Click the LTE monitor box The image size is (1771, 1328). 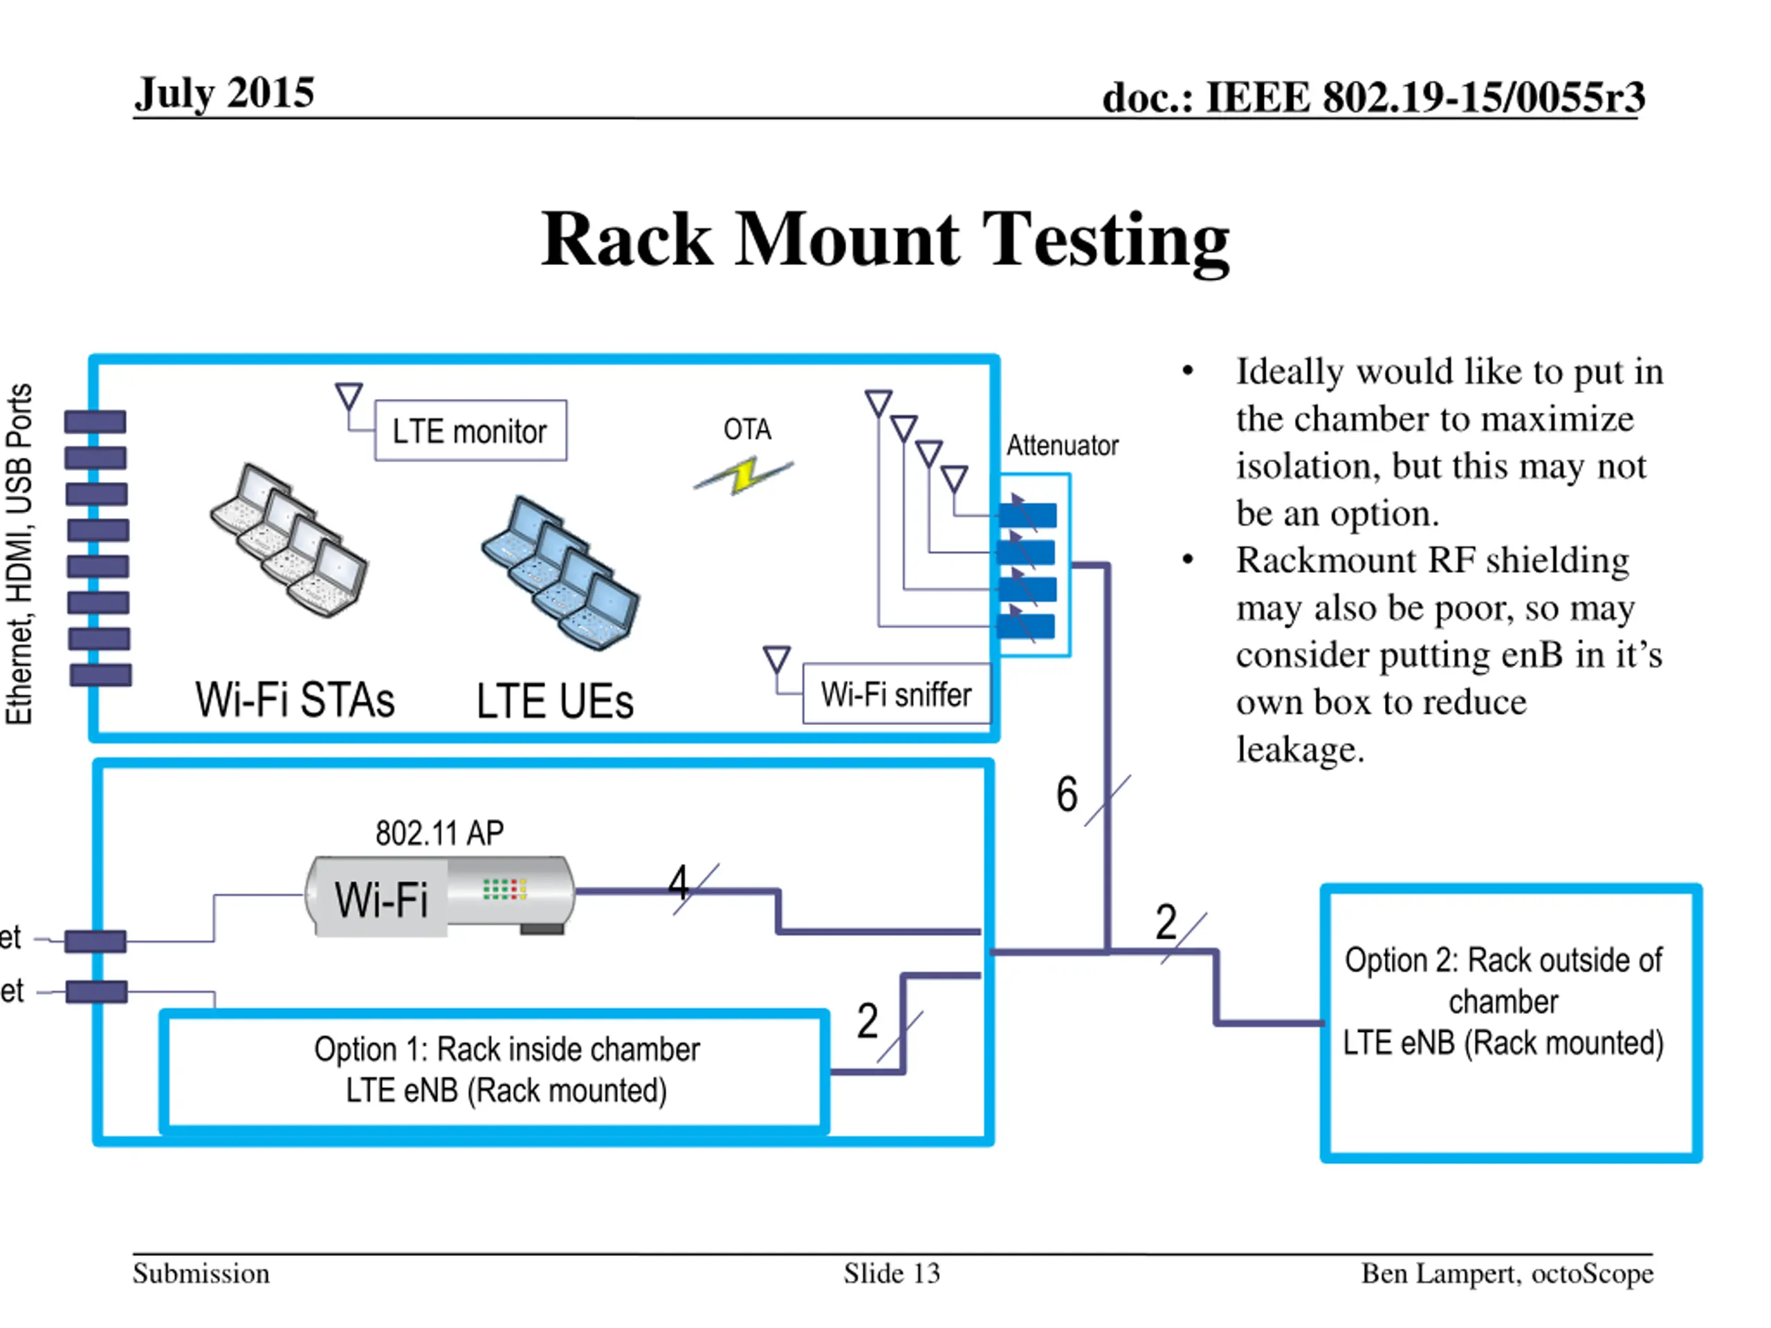tap(470, 431)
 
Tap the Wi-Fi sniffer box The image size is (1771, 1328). tap(896, 694)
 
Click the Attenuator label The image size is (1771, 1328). tap(1062, 445)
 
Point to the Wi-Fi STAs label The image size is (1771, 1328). tap(295, 700)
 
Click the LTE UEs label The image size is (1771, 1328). tap(555, 701)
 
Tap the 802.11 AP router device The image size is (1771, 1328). tap(441, 896)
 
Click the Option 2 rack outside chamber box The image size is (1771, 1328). tap(1510, 1022)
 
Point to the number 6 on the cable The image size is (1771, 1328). tap(1067, 794)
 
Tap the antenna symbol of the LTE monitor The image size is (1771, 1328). tap(348, 396)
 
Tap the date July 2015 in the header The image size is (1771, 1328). tap(224, 93)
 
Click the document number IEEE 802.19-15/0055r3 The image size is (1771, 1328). tap(1373, 98)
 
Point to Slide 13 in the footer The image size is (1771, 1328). tap(891, 1273)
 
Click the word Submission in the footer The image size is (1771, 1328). tap(201, 1273)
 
